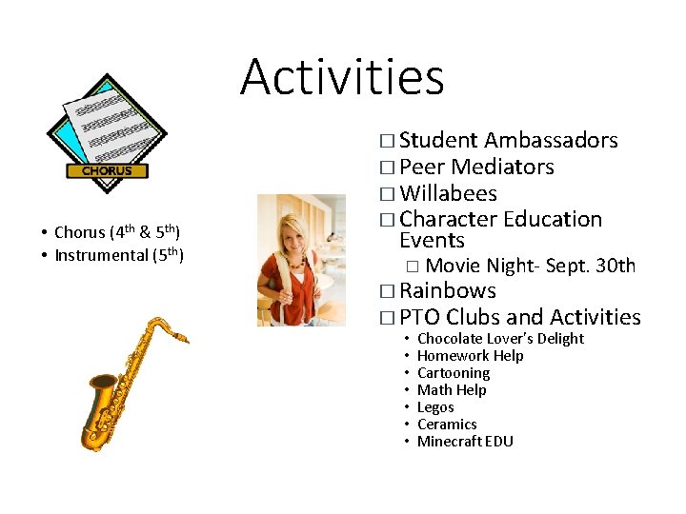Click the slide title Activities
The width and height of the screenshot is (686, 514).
342,77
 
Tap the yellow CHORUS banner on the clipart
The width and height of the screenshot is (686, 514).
107,171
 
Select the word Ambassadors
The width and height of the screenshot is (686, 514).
551,141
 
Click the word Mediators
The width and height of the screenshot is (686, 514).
502,168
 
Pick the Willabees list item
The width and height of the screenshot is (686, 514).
448,194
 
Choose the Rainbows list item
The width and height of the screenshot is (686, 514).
448,291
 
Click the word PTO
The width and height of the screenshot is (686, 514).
419,317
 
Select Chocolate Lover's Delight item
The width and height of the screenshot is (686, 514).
500,339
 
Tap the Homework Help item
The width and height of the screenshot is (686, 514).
470,356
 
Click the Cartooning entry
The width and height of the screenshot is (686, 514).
454,373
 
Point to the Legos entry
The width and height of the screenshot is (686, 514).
435,407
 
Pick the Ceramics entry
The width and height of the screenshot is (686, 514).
447,425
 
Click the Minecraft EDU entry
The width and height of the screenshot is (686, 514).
465,442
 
